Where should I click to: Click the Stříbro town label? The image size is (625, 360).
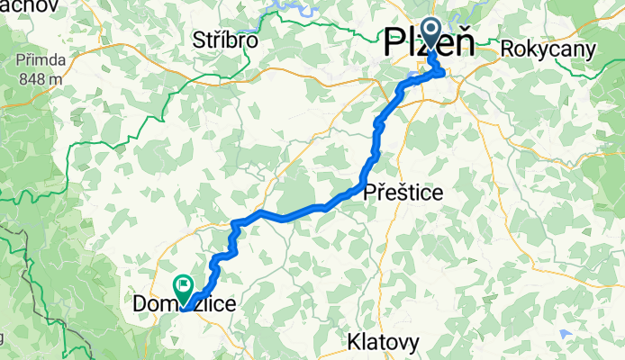[x=226, y=40]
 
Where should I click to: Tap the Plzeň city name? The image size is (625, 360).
[x=430, y=43]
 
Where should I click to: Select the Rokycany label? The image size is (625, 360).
[x=549, y=49]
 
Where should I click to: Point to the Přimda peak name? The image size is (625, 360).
[x=36, y=62]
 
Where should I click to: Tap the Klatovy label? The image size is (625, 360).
[x=384, y=342]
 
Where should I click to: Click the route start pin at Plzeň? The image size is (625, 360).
[x=429, y=33]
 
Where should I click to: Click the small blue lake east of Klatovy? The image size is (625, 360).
[x=565, y=335]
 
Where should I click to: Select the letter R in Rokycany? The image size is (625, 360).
[x=510, y=49]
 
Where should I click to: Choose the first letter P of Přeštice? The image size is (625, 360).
[x=369, y=192]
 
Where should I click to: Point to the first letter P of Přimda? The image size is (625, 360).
[x=19, y=62]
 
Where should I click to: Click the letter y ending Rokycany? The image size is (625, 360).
[x=589, y=50]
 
